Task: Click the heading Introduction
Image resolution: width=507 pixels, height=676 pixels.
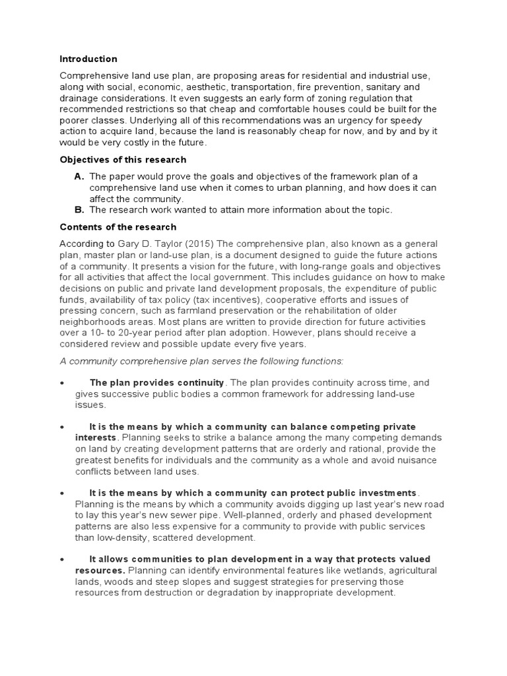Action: pyautogui.click(x=88, y=59)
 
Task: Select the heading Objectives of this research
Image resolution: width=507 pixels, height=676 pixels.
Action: pyautogui.click(x=123, y=160)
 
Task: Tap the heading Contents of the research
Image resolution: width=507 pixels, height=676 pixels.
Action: pyautogui.click(x=118, y=227)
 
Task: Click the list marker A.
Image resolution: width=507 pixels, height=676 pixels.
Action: pyautogui.click(x=79, y=176)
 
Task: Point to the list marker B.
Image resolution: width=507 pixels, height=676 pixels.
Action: pyautogui.click(x=79, y=210)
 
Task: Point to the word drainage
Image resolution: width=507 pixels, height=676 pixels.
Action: pyautogui.click(x=79, y=98)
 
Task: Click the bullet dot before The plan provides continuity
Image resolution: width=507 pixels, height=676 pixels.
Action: pyautogui.click(x=61, y=383)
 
